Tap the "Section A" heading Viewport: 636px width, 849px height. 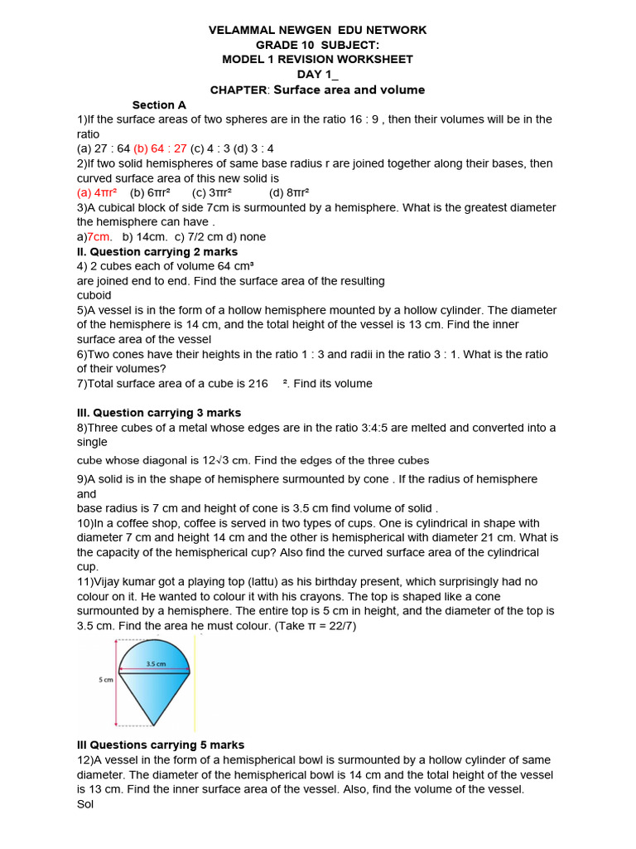[x=159, y=105]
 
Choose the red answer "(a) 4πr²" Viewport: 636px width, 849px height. [x=97, y=193]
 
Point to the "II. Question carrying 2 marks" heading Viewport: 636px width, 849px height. [x=157, y=251]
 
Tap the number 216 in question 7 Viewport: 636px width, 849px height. [x=258, y=384]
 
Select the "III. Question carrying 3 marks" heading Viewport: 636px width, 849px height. [x=159, y=413]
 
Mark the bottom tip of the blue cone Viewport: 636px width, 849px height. [x=154, y=724]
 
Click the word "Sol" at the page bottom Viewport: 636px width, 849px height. [x=85, y=804]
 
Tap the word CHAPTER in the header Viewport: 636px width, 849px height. [x=239, y=90]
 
